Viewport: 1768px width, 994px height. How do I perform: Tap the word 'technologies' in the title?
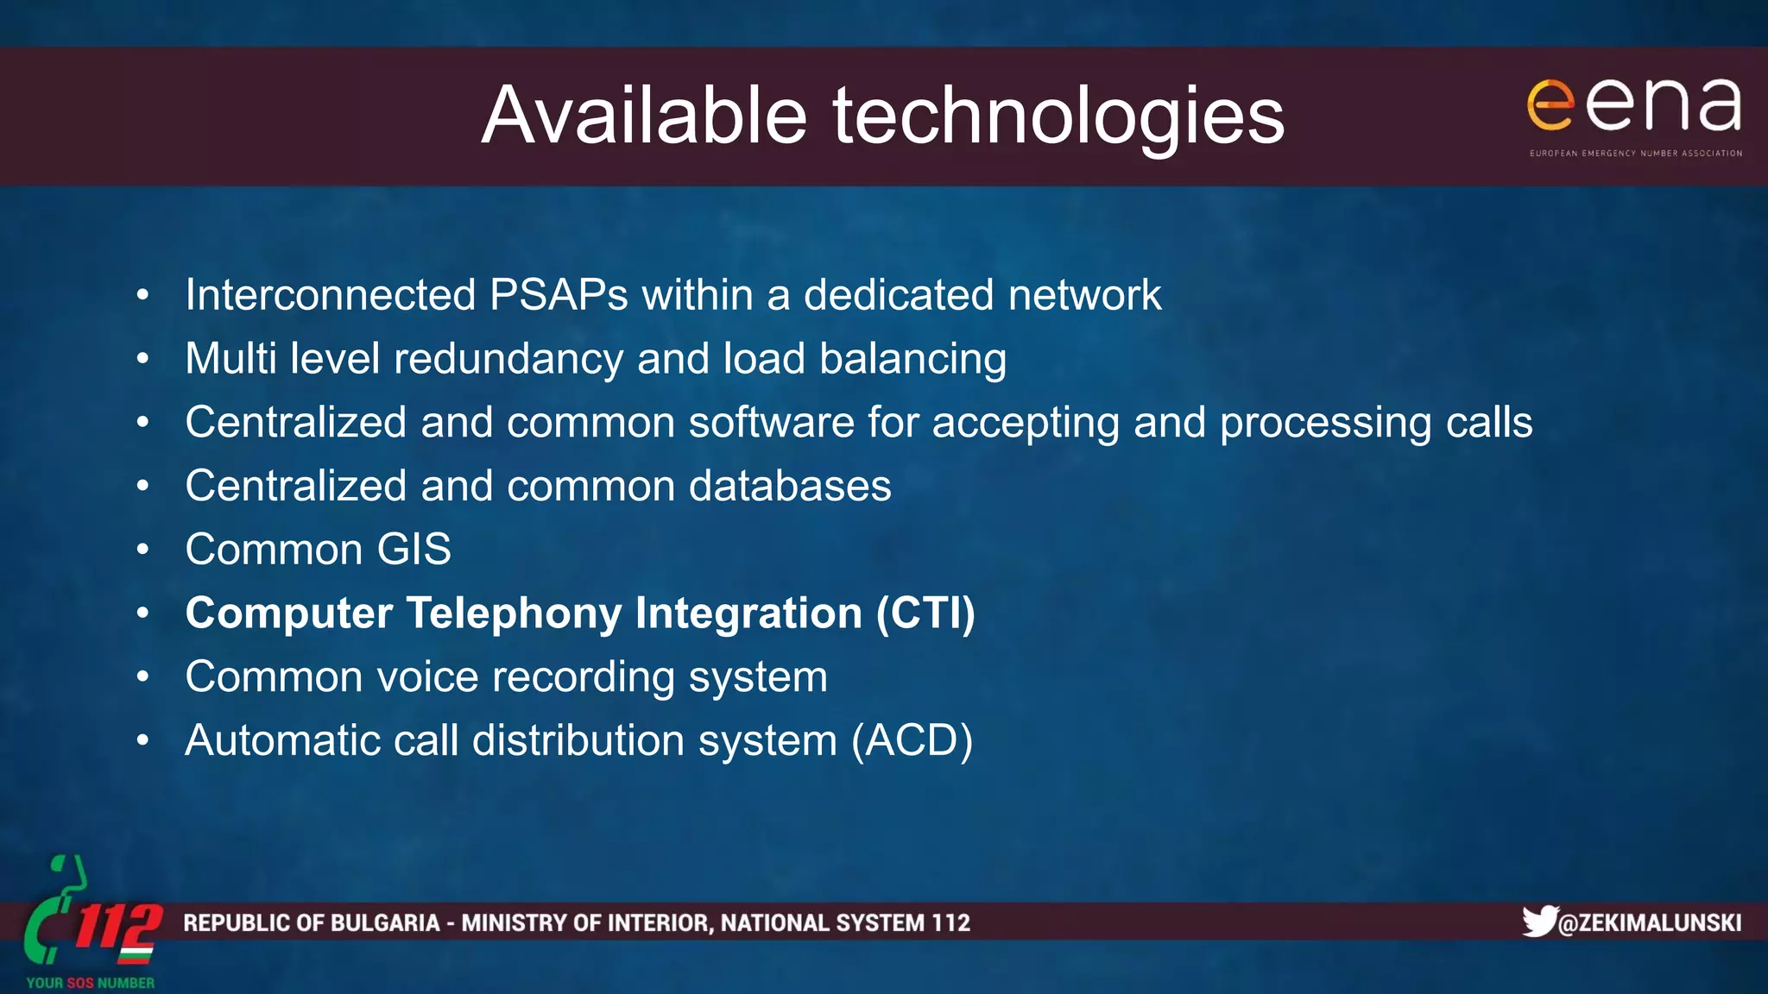coord(1058,117)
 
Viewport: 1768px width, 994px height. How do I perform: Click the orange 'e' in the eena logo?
coord(1550,105)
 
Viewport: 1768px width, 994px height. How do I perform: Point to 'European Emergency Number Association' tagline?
coord(1636,154)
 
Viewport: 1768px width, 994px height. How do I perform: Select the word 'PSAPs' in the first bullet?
coord(559,295)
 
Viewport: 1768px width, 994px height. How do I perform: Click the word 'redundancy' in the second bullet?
coord(508,359)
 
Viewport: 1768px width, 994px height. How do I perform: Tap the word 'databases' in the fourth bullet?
coord(790,486)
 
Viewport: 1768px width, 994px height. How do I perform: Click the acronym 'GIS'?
coord(414,550)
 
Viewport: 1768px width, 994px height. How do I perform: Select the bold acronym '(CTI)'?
coord(925,613)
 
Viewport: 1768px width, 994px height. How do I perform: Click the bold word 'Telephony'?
coord(514,613)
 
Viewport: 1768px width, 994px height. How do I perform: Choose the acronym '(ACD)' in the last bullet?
coord(912,740)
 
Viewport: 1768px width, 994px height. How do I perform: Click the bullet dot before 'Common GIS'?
coord(142,550)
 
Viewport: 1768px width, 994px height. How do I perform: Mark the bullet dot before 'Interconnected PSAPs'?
coord(142,295)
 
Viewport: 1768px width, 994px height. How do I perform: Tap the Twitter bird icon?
coord(1538,921)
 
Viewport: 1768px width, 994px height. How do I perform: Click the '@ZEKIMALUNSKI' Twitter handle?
coord(1650,923)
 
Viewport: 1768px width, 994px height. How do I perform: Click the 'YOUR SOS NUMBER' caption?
coord(91,983)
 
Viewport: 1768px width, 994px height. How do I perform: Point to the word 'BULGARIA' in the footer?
coord(385,923)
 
